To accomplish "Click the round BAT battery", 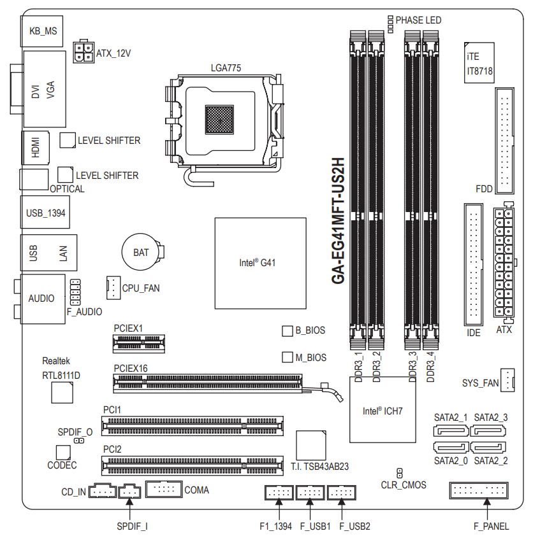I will click(x=142, y=253).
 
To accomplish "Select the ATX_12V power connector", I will click(x=84, y=52).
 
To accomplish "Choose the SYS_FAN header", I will click(x=508, y=380).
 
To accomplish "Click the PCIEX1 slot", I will click(x=140, y=344).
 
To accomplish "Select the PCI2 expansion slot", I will click(x=192, y=466).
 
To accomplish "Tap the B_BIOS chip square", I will click(x=286, y=331).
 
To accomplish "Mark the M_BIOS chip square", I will click(x=286, y=357).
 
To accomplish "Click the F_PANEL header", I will click(x=478, y=491).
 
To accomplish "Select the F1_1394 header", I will click(x=279, y=492).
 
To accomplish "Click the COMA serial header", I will click(x=164, y=490).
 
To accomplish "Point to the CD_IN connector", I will click(x=102, y=492).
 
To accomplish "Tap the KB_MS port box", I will click(x=43, y=31).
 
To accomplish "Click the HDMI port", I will click(x=35, y=148).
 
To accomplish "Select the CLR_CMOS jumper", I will click(x=399, y=473).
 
